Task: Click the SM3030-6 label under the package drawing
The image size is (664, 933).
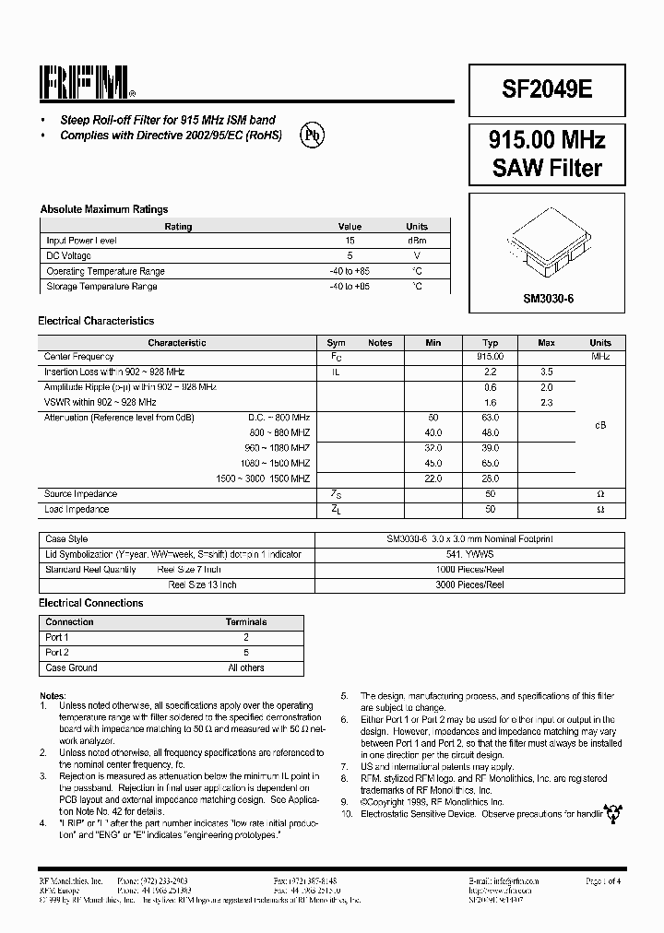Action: [548, 299]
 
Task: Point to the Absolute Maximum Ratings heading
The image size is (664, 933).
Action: [103, 209]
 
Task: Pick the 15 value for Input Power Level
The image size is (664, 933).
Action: [350, 241]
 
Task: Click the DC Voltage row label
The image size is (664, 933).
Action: [69, 255]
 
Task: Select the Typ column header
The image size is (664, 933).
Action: [491, 343]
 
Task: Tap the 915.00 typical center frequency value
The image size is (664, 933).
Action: [491, 356]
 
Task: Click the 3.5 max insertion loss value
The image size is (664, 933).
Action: [546, 372]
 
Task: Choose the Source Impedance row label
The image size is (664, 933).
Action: [81, 494]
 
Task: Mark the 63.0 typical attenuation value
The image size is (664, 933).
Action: [491, 418]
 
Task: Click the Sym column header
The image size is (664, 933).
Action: [336, 343]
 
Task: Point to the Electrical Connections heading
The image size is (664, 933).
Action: [90, 603]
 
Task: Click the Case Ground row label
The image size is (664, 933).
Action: [71, 667]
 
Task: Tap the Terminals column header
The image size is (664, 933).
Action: [245, 622]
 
